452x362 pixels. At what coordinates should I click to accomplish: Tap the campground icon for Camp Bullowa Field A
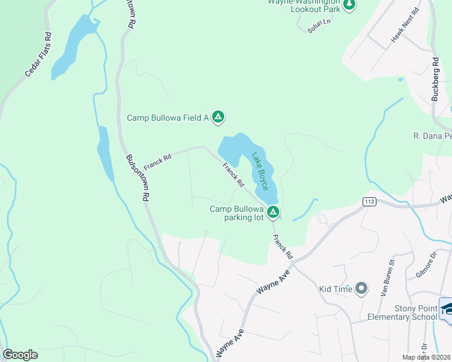[219, 118]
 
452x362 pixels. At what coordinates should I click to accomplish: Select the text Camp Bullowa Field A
[167, 118]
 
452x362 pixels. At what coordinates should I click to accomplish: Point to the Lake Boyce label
[260, 171]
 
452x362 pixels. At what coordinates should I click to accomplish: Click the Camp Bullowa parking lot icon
[273, 212]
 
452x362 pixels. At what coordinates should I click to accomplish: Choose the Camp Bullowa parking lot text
[237, 214]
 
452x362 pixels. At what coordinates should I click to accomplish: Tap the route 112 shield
[369, 200]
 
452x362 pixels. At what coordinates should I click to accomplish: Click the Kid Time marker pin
[362, 289]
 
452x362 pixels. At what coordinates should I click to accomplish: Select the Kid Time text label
[335, 290]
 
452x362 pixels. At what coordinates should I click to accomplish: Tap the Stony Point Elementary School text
[402, 313]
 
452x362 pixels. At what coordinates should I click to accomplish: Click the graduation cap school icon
[447, 309]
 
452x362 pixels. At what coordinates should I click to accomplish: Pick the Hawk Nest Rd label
[405, 25]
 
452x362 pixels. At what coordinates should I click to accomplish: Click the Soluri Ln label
[320, 25]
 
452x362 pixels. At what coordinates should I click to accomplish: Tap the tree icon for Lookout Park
[349, 5]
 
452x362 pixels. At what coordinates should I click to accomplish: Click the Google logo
[20, 355]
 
